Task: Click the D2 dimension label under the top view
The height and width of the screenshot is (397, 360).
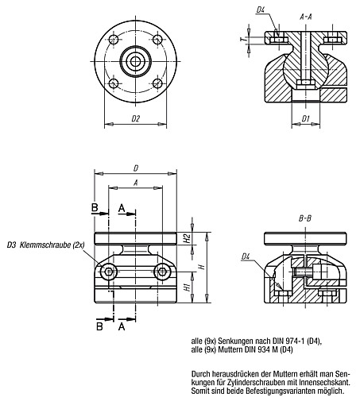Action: point(135,119)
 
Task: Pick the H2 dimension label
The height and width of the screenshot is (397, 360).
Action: point(185,238)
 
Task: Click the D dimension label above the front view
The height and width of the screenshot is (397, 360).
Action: point(136,168)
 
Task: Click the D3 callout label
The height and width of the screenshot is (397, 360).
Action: point(11,245)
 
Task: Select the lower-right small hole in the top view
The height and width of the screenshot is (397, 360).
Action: point(156,82)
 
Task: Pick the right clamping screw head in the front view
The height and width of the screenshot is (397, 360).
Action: point(164,273)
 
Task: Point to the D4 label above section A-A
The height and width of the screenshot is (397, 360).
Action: point(261,10)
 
